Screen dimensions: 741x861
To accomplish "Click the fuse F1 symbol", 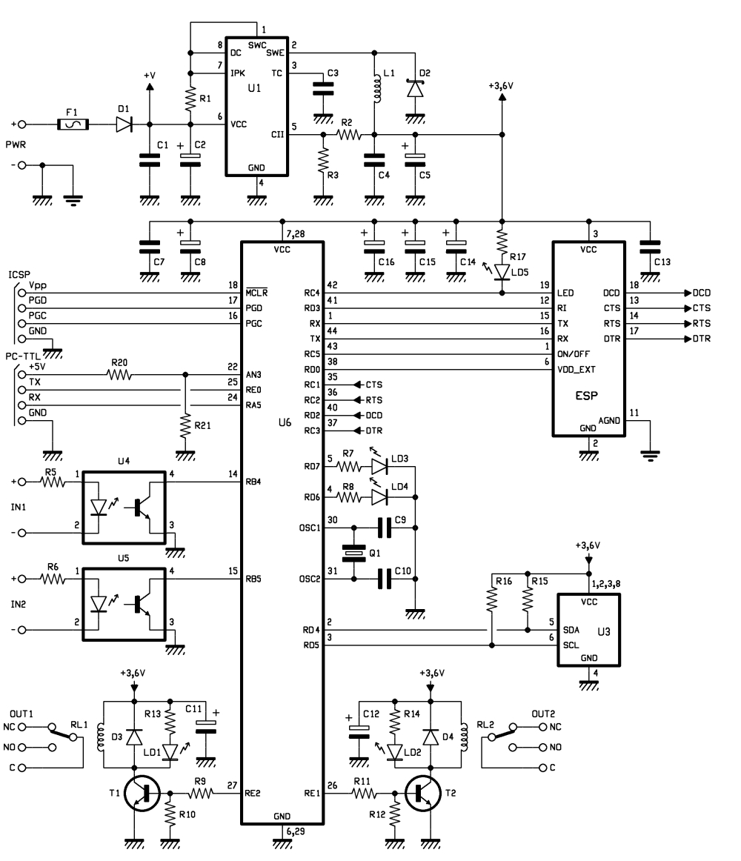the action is point(73,124).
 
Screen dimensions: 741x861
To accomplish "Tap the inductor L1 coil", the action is point(376,88).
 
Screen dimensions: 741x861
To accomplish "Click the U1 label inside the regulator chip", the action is point(254,88).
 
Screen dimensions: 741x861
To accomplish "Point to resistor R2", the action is point(349,135).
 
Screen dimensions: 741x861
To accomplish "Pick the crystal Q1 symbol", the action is point(353,553).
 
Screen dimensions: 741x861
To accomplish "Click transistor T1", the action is point(142,794).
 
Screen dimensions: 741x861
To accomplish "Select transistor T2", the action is point(423,794).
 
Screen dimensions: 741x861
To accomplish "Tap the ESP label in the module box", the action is point(586,396).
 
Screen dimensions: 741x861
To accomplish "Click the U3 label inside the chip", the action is point(603,631).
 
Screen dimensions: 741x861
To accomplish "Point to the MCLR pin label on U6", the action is point(256,293).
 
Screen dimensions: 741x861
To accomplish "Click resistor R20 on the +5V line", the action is point(119,375).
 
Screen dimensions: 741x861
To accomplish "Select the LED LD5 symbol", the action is point(502,272).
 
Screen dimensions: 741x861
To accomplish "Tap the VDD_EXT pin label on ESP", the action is point(576,370).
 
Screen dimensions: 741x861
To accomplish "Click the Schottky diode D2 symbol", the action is point(415,89).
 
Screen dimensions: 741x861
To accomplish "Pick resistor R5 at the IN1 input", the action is point(53,482).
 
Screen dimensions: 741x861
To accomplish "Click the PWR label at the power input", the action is point(16,145).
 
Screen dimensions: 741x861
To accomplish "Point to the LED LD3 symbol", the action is point(379,467).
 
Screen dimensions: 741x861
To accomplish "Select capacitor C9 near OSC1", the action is point(385,528).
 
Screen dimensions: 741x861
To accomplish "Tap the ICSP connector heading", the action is point(19,275).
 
